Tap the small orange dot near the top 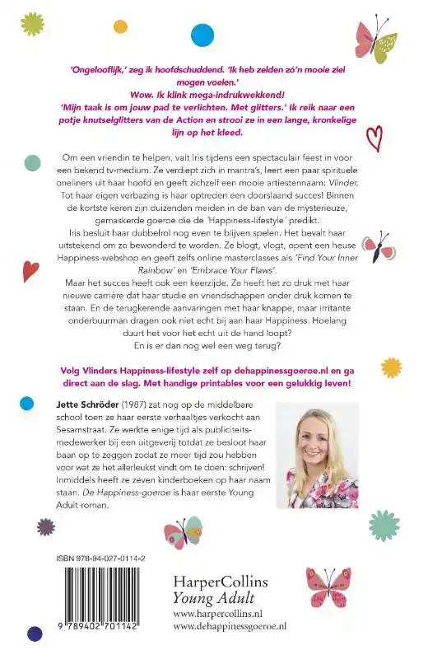[120, 26]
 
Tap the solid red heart [30, 271]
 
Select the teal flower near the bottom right [384, 526]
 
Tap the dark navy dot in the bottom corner [35, 633]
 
